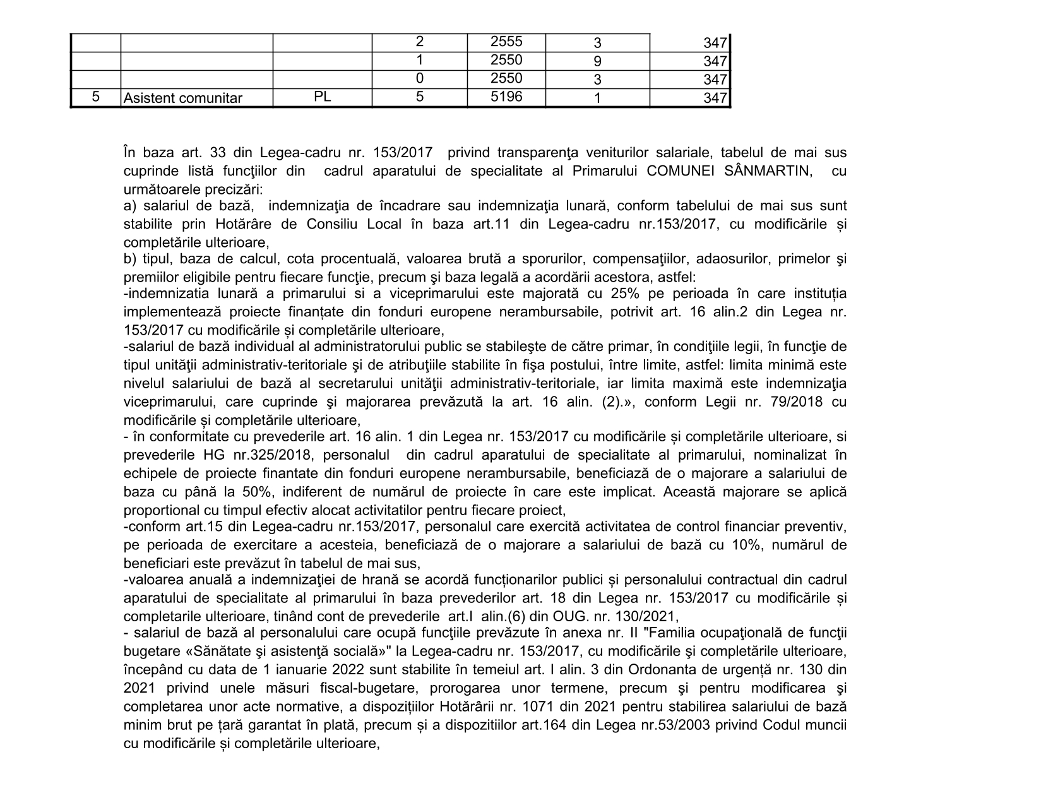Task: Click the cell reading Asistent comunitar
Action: pos(183,98)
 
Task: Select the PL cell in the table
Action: pos(322,97)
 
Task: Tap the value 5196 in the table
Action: pos(506,97)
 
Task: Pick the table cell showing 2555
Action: pos(506,42)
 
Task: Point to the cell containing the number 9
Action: pos(597,61)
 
